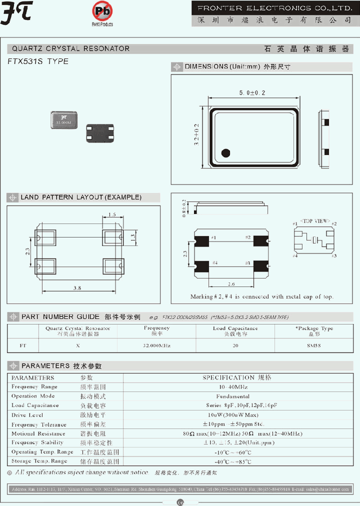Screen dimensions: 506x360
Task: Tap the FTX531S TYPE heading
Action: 38,61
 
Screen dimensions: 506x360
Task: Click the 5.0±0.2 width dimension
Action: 252,93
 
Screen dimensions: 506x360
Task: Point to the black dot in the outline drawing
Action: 225,153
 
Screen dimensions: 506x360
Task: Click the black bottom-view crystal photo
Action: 99,134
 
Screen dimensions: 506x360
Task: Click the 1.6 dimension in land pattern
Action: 111,214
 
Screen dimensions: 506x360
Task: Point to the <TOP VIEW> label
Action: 314,220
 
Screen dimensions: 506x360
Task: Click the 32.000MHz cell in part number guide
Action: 156,345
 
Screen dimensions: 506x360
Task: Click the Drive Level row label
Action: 27,415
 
